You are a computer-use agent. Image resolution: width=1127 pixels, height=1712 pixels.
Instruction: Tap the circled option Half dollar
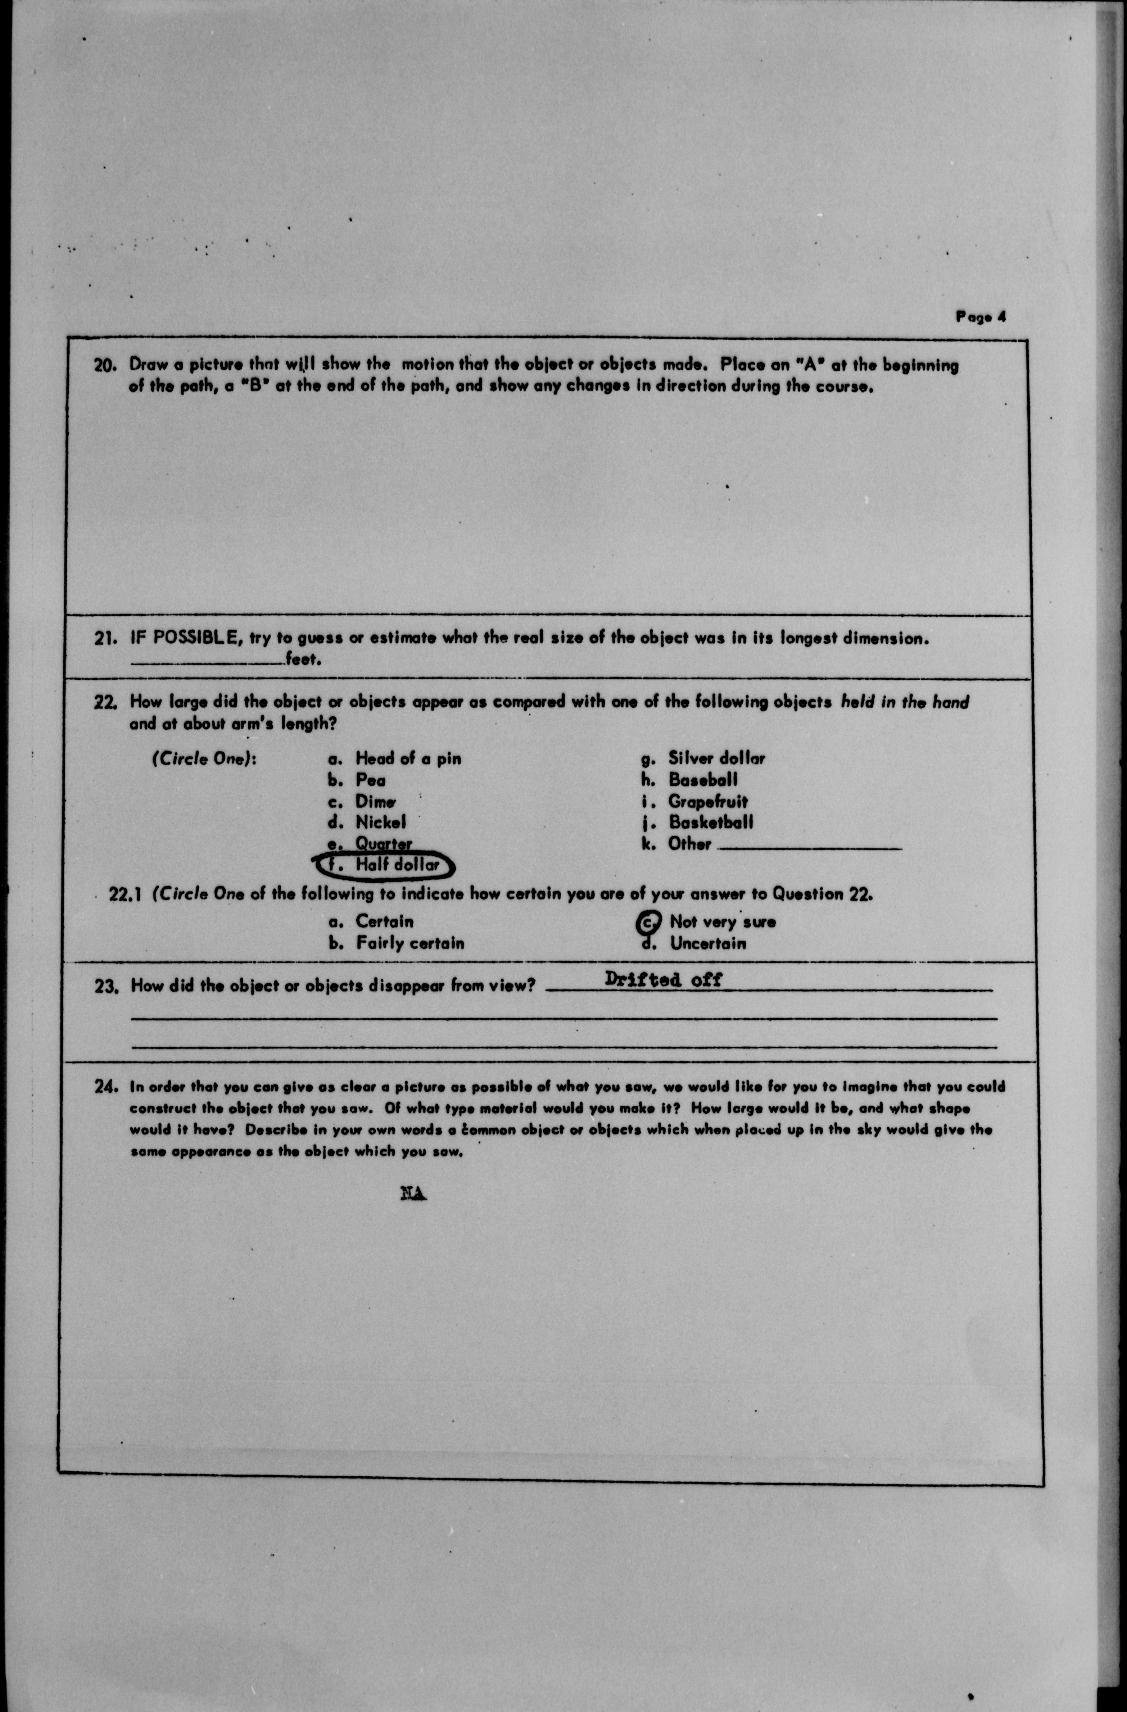tap(396, 865)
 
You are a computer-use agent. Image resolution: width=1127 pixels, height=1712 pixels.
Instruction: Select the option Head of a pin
tap(408, 758)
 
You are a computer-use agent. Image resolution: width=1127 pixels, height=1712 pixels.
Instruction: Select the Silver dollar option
tap(716, 758)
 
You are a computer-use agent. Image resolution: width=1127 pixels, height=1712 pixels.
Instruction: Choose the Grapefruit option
tap(708, 801)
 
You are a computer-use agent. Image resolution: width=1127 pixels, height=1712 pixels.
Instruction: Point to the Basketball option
tap(711, 822)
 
